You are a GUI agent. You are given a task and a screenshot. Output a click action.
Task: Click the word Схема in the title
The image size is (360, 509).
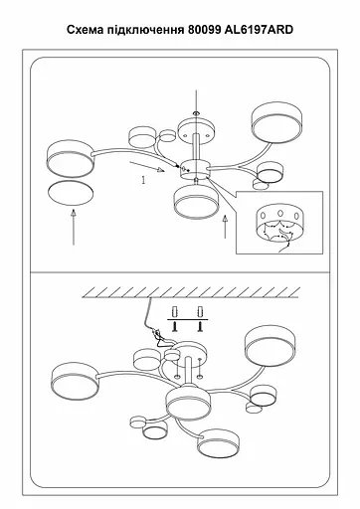point(86,30)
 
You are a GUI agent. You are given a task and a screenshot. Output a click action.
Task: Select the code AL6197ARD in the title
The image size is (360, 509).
point(259,30)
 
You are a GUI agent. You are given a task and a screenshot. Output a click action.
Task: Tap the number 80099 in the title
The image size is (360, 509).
point(205,30)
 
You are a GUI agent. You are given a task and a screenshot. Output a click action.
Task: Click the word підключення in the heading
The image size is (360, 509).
point(146,31)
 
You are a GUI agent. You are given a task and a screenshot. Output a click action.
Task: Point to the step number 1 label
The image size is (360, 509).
point(143,180)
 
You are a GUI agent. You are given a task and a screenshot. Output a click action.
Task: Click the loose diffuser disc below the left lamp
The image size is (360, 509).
point(71,193)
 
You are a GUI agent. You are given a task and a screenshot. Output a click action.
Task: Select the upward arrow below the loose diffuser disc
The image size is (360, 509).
point(74,227)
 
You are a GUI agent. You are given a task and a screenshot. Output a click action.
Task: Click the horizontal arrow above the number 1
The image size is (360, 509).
point(147,167)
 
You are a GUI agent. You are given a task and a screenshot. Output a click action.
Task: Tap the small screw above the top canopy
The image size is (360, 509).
point(196,113)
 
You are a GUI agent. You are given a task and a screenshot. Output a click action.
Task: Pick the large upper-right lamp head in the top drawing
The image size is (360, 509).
point(276,122)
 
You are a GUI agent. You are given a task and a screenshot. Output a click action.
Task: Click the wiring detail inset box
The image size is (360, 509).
point(279,223)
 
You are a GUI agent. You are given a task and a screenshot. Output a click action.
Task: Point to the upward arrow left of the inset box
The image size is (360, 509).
point(226,227)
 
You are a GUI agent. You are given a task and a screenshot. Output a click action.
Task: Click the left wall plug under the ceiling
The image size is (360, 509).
point(175,312)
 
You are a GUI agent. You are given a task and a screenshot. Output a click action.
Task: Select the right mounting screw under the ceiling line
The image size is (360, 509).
point(200,327)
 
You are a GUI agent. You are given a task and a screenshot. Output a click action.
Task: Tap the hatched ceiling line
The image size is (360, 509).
point(191,292)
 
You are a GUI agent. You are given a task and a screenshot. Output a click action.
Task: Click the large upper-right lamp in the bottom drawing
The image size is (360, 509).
point(270,346)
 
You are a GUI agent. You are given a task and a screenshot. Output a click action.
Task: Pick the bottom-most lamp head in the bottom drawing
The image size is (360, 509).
point(219,443)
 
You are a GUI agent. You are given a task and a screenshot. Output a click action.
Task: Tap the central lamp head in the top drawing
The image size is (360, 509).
point(196,201)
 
